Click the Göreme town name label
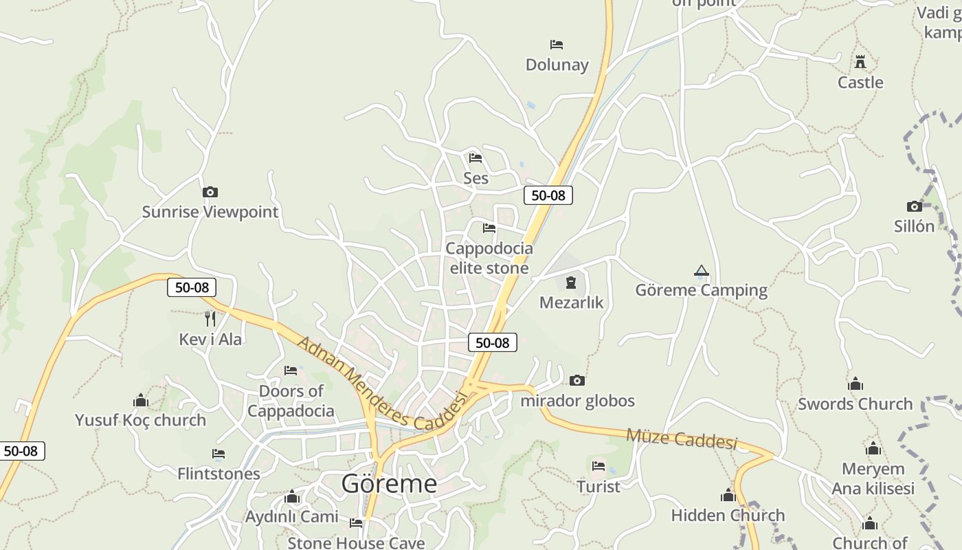tap(389, 484)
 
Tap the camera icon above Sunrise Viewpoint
tap(210, 192)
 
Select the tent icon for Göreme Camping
tap(701, 271)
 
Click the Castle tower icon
tap(860, 62)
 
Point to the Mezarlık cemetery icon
tap(570, 282)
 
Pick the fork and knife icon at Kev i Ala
tap(210, 318)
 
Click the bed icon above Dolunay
tap(557, 45)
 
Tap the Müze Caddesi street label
tap(681, 438)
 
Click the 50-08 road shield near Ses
tap(548, 195)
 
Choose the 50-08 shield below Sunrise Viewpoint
tap(192, 287)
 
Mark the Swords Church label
tap(855, 404)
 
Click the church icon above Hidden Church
tap(728, 495)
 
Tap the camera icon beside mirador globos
tap(577, 380)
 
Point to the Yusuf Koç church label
tap(140, 420)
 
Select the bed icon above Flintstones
tap(219, 454)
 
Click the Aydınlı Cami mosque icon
tap(292, 496)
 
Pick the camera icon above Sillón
tap(914, 206)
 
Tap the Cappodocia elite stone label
tap(489, 258)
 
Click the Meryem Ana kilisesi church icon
tap(873, 449)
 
